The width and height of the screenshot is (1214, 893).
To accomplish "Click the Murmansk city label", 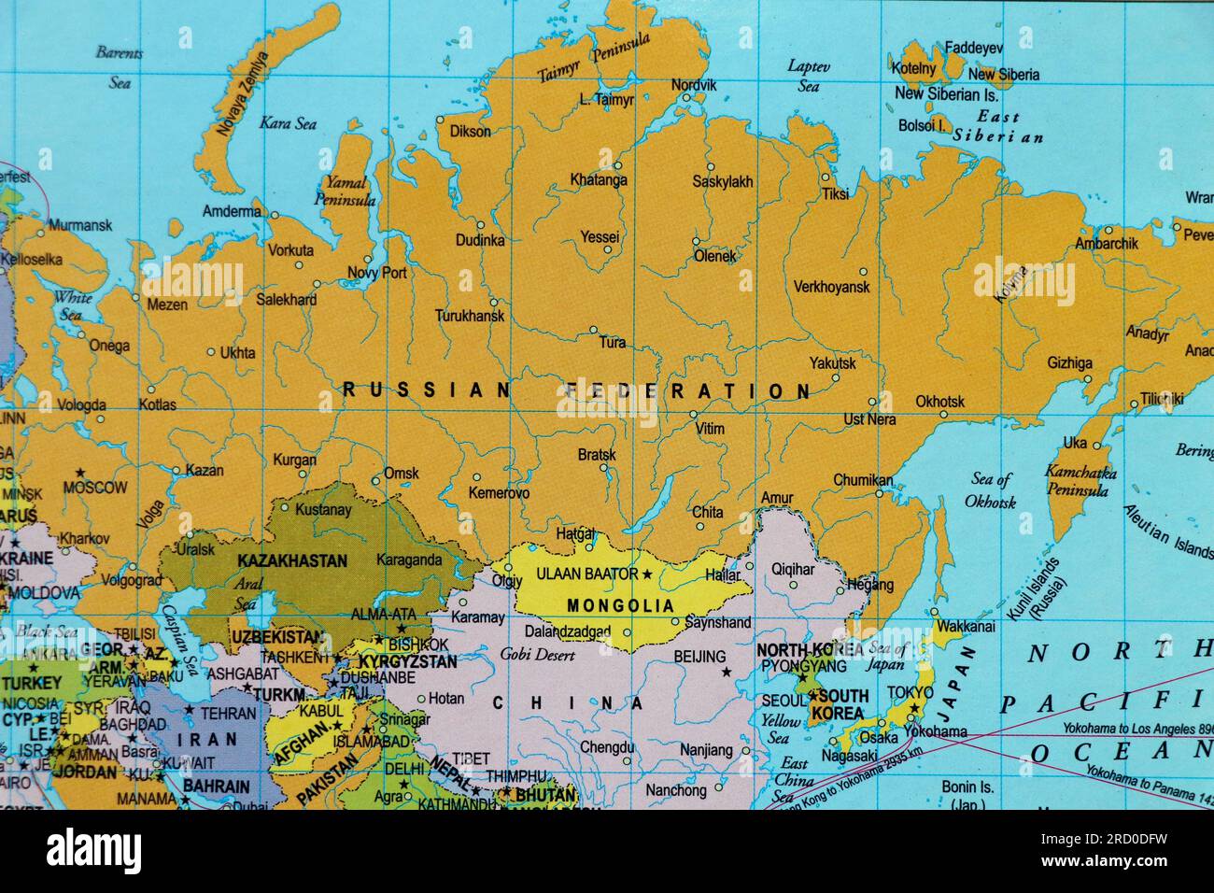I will coord(80,225).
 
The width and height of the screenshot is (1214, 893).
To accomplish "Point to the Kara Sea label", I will coord(288,123).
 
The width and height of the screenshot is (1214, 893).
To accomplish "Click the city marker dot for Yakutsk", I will coord(836,378).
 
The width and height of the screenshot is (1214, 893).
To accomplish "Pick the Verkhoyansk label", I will coord(831,287).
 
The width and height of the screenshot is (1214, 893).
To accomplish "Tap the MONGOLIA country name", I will coord(620,605).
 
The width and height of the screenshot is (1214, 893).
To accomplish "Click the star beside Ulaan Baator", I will coord(646,573).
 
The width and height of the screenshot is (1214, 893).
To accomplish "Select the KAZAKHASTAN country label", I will coord(292,561).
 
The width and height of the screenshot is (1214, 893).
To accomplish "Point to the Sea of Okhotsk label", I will coord(991,490).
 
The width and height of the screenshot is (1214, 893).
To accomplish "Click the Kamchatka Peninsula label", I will coord(1080,480).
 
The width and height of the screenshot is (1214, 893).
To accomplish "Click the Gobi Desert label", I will coord(538,655).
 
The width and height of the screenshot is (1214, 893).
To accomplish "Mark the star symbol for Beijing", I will coord(726,672).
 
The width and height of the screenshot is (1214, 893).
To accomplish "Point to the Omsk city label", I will coord(402,474).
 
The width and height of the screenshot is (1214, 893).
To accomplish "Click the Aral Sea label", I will coord(245,591).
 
